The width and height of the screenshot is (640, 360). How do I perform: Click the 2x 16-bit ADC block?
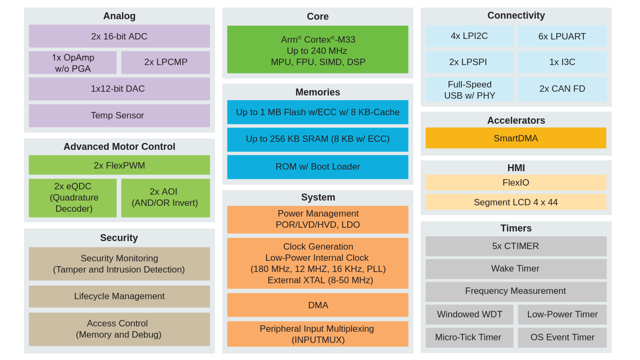(119, 36)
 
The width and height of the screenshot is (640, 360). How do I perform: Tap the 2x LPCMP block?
(165, 62)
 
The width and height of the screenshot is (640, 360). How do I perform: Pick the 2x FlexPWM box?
(119, 165)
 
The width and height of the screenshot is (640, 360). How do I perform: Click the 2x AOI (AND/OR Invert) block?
(165, 198)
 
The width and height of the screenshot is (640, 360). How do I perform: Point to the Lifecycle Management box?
(119, 296)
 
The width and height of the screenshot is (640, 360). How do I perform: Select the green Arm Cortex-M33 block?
(317, 50)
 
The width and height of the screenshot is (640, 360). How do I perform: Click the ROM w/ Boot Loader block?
(317, 167)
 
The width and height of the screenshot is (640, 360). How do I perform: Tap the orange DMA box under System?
(317, 305)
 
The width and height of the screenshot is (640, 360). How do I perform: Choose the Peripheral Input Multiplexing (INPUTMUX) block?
(317, 334)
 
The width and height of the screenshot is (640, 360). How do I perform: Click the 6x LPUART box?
(562, 36)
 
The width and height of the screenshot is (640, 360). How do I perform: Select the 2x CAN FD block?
(562, 89)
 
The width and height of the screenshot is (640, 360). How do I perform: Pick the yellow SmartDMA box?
(516, 138)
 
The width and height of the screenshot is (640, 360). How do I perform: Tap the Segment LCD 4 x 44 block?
(516, 202)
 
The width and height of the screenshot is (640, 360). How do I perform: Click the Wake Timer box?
(516, 269)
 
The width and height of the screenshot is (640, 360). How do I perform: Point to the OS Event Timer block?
(562, 338)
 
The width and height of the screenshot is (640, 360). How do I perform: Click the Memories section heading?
(317, 92)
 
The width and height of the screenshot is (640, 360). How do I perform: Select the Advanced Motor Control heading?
(119, 147)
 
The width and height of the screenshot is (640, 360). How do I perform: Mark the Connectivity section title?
(516, 15)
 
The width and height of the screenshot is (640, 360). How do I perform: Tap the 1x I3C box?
(562, 62)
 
